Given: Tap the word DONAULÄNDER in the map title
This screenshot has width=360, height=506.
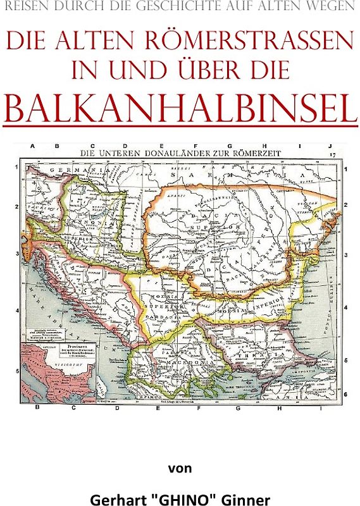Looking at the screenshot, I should click(175, 152).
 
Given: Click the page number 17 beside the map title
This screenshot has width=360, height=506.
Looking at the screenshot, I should click(333, 152).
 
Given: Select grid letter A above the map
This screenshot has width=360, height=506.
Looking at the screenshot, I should click(32, 145).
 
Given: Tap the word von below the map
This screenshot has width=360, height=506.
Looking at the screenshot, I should click(180, 469).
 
